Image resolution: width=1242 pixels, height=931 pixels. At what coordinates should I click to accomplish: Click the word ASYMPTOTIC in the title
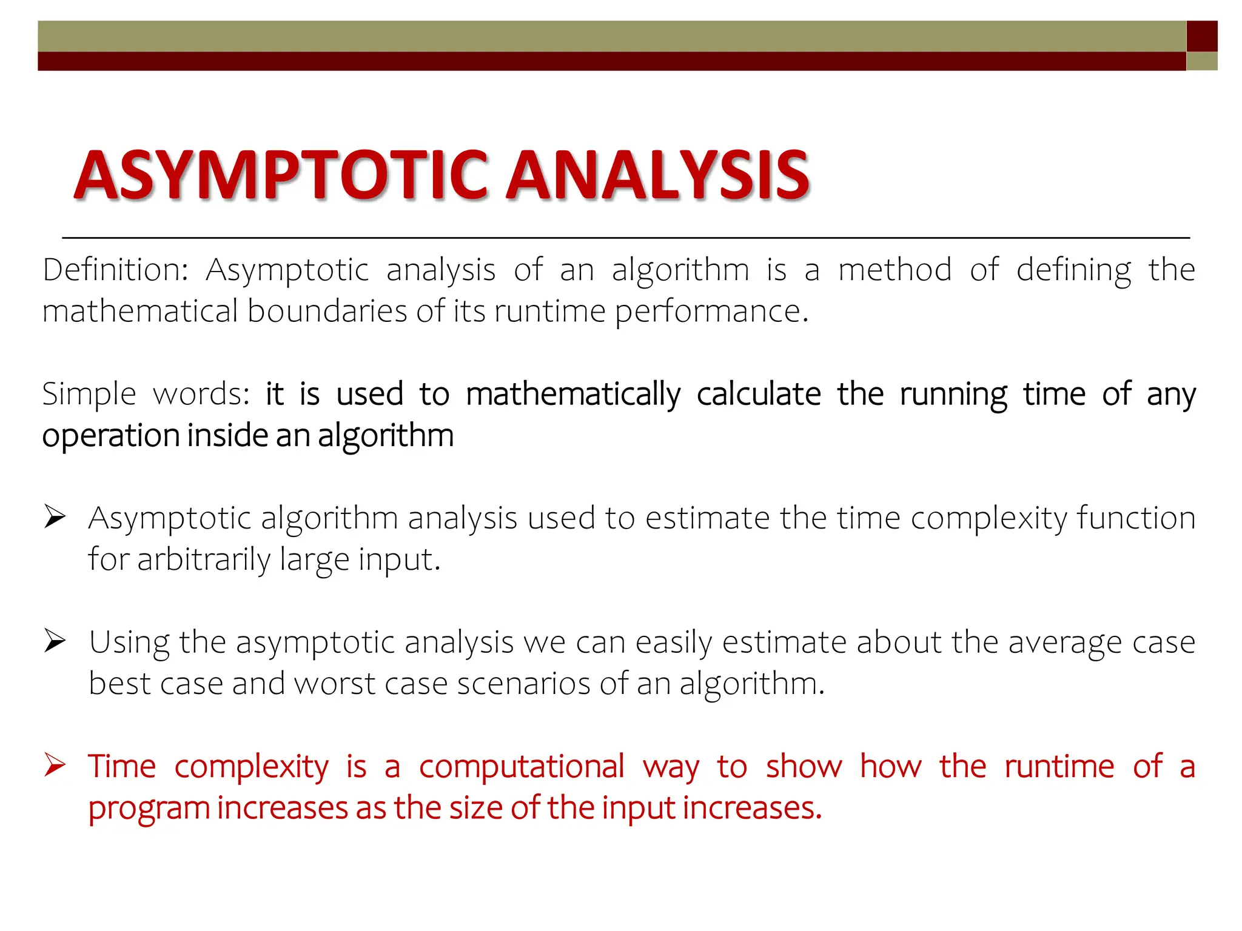pyautogui.click(x=281, y=175)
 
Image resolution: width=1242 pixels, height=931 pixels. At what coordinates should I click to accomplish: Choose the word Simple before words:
pyautogui.click(x=89, y=394)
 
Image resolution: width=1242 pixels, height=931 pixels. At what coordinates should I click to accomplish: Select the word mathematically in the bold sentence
pyautogui.click(x=573, y=394)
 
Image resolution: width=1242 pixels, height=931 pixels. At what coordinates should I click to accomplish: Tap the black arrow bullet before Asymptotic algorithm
pyautogui.click(x=55, y=518)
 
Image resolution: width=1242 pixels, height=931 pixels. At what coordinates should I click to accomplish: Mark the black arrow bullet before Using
pyautogui.click(x=55, y=641)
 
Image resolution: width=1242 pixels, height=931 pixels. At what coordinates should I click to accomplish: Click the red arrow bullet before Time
pyautogui.click(x=55, y=765)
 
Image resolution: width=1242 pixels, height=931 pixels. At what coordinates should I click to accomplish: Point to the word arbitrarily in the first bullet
pyautogui.click(x=204, y=559)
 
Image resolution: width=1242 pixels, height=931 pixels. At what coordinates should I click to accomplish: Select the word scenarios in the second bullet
pyautogui.click(x=523, y=684)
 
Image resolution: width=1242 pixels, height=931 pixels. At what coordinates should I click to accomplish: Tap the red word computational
pyautogui.click(x=522, y=767)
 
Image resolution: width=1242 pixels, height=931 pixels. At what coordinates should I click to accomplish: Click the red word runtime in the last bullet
pyautogui.click(x=1059, y=767)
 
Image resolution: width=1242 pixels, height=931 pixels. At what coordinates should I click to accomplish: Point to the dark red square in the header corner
pyautogui.click(x=1202, y=36)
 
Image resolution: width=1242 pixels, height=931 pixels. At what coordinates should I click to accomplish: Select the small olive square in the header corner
pyautogui.click(x=1202, y=61)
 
